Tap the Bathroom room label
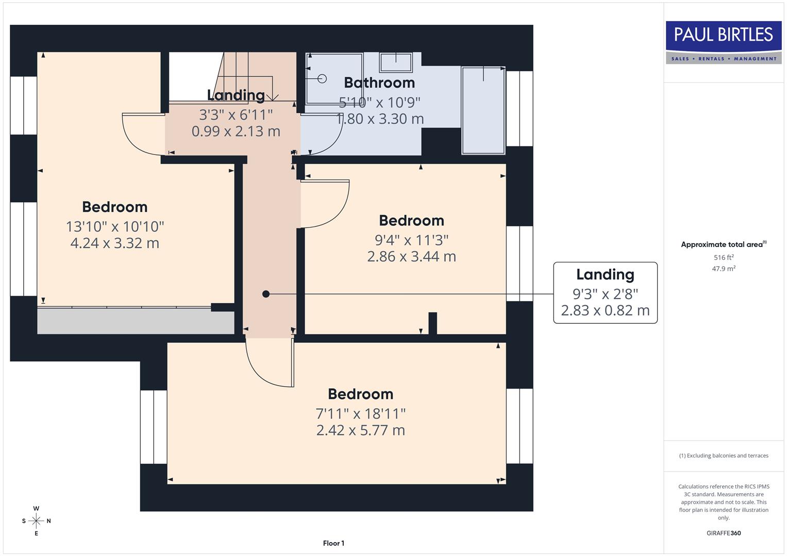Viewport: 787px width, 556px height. click(379, 82)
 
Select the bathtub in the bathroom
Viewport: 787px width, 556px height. click(483, 110)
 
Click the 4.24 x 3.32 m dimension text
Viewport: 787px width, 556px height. click(114, 243)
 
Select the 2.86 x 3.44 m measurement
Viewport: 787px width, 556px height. click(411, 256)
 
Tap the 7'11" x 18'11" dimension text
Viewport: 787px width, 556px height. click(360, 413)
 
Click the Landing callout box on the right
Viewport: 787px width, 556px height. click(605, 292)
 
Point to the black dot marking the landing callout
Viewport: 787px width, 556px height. click(266, 294)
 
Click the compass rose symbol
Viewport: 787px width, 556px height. click(36, 521)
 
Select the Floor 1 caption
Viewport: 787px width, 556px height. click(333, 543)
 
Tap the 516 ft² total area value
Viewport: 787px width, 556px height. click(723, 257)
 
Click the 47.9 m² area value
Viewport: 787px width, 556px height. click(723, 269)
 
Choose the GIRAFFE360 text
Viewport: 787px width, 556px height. click(723, 533)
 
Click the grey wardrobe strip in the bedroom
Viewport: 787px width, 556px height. click(135, 322)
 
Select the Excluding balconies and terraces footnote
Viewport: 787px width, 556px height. click(723, 456)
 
